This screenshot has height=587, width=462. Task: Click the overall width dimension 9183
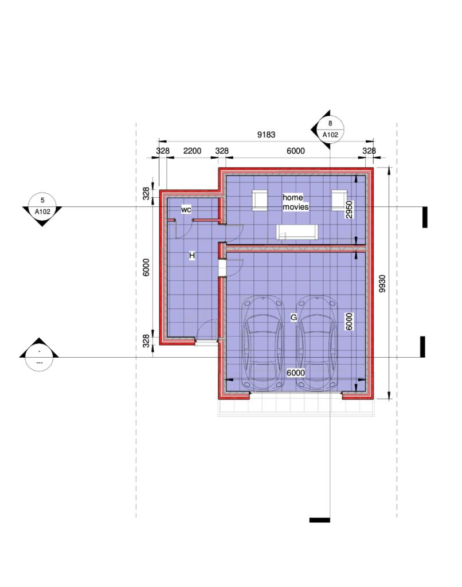point(266,135)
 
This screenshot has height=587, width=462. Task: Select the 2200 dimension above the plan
point(192,151)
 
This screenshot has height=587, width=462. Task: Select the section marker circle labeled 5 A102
point(42,206)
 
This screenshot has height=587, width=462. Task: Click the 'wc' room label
point(186,210)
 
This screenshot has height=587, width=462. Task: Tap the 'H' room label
point(192,255)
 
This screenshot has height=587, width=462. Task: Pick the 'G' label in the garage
point(293,317)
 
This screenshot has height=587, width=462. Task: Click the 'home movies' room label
point(296,202)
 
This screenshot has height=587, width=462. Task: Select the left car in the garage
point(263,343)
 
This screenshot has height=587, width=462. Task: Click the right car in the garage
point(317,343)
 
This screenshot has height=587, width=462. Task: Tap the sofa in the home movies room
point(296,232)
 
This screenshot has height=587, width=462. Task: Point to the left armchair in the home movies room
point(260,200)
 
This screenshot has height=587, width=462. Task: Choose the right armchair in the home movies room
point(339,200)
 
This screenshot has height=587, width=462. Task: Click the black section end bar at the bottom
point(319,520)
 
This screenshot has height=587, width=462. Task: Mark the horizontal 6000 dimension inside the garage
point(295,373)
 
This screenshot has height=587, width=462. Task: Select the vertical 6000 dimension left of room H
point(146,267)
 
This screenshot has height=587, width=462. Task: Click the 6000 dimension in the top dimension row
point(295,151)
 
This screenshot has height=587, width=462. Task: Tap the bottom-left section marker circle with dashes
point(39,357)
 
